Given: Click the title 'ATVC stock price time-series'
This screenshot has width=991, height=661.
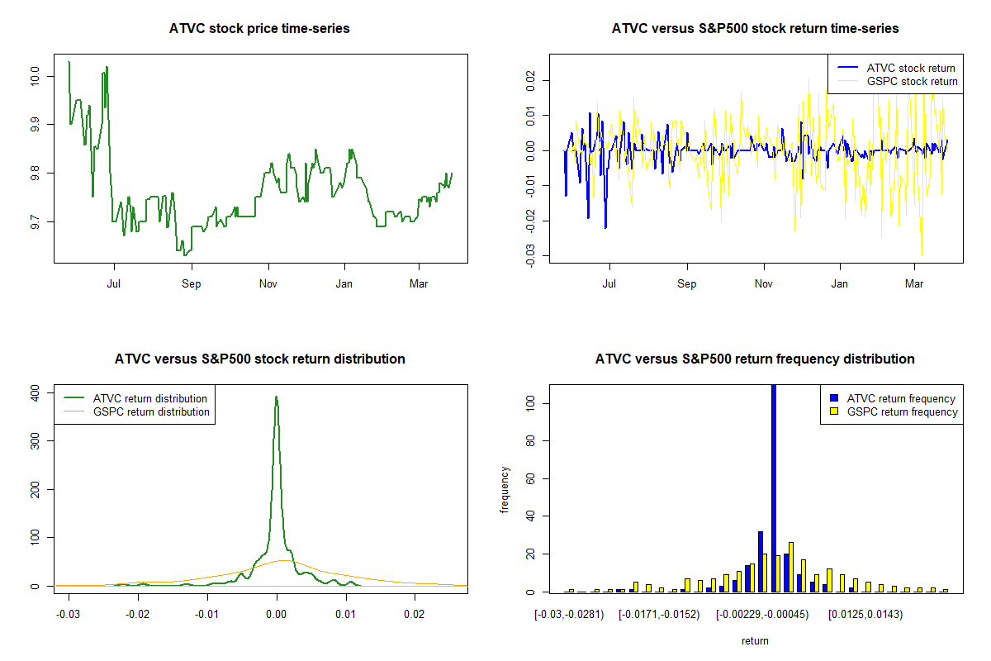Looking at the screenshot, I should click(x=259, y=29).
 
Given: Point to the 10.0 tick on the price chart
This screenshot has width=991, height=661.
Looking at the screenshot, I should click(x=36, y=76).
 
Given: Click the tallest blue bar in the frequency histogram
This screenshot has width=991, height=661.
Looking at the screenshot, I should click(x=774, y=487).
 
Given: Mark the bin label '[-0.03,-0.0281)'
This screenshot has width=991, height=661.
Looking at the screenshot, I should click(x=569, y=614).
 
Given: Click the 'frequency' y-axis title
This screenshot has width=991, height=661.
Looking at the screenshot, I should click(x=505, y=490).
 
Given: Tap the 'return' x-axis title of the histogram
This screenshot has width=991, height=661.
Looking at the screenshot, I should click(x=755, y=640).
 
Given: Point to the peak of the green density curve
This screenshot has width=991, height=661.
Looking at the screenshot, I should click(x=277, y=397).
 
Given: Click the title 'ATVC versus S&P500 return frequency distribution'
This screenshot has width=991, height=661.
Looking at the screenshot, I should click(x=755, y=359).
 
